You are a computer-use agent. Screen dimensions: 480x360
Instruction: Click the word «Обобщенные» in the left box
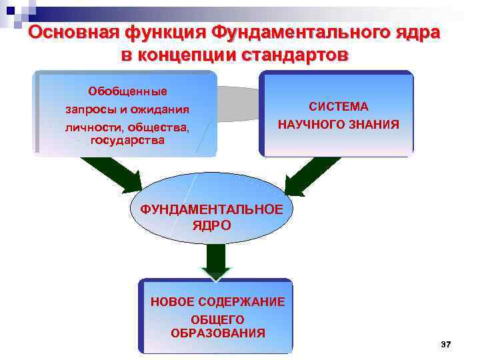(x=127, y=91)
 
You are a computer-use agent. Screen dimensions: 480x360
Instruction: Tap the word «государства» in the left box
(x=127, y=140)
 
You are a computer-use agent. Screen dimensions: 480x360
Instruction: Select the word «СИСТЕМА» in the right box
(x=338, y=107)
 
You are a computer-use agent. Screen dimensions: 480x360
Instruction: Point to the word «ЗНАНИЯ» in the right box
(x=375, y=124)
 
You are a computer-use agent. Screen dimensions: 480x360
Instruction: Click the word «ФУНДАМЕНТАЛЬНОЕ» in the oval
(x=211, y=209)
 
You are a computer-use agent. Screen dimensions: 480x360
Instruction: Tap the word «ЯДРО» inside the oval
(x=212, y=225)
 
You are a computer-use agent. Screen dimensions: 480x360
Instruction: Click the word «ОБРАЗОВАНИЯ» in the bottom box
(x=217, y=333)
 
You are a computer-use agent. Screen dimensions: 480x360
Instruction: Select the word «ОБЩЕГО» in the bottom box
(x=217, y=319)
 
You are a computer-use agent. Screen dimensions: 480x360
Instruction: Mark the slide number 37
(x=446, y=344)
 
